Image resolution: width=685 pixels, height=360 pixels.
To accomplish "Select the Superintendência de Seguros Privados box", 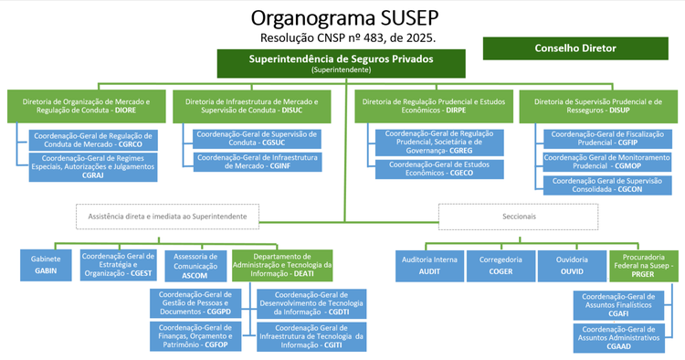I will (x=341, y=63).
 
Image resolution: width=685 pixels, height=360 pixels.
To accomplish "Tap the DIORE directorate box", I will (x=85, y=106).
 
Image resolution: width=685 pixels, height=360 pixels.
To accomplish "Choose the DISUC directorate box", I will (x=252, y=106).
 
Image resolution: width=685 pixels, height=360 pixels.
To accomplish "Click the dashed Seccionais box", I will (x=518, y=216).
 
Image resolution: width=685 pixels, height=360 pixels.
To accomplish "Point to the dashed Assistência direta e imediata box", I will (x=167, y=216).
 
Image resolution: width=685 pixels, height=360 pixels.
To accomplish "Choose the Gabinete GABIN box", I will (x=46, y=265).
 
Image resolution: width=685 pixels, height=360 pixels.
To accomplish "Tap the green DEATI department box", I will (x=282, y=265).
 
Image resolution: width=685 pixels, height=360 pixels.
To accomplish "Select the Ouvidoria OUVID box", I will (x=571, y=265).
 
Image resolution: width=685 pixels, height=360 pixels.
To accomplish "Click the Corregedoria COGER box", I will (x=501, y=265).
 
